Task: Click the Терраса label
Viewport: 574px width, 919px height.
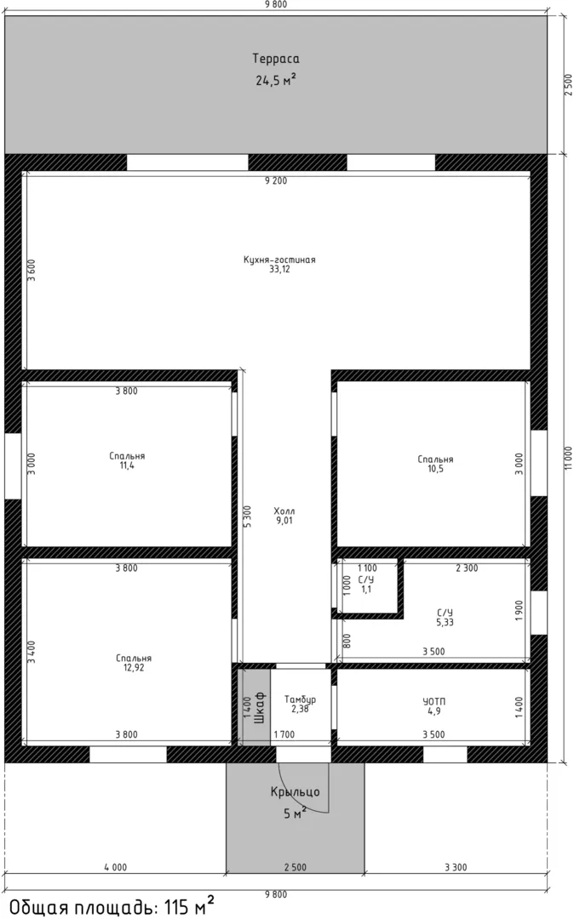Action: point(276,59)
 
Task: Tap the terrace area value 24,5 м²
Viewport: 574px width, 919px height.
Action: point(276,80)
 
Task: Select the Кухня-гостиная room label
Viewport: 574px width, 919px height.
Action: point(279,260)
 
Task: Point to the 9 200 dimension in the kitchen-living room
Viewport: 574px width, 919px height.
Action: point(276,180)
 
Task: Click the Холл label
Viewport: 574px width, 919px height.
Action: point(284,511)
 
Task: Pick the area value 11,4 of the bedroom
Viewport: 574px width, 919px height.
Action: point(127,465)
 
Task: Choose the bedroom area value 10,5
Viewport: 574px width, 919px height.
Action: point(435,469)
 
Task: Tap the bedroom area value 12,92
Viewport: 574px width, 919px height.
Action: point(134,668)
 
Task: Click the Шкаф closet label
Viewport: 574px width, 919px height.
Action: point(261,707)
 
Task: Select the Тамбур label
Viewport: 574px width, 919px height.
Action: point(300,699)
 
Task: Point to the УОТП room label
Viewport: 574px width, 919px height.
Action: point(433,701)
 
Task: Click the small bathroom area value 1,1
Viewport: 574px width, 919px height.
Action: point(366,589)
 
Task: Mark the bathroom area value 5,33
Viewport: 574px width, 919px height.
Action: point(445,622)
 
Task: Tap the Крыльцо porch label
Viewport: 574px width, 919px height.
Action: point(295,792)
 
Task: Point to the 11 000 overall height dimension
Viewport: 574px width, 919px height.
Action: point(567,458)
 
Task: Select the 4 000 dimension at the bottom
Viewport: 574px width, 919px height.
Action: point(115,867)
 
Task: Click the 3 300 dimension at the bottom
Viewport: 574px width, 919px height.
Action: point(456,867)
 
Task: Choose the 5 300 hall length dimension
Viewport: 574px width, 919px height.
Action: point(248,517)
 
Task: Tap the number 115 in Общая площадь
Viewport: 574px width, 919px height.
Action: point(176,907)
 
